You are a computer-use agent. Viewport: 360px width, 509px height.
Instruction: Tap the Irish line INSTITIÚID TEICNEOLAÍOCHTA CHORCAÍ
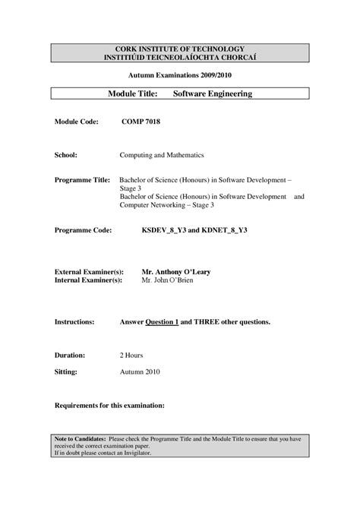[x=180, y=57]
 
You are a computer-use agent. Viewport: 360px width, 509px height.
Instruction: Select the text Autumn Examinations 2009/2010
[x=180, y=76]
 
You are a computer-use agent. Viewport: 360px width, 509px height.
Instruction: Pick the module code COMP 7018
[x=141, y=122]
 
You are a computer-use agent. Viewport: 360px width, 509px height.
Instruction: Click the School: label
[x=66, y=154]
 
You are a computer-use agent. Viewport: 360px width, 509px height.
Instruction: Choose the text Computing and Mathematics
[x=162, y=154]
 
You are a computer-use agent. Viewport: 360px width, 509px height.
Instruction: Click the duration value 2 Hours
[x=131, y=355]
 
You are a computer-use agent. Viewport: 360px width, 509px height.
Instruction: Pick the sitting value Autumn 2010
[x=141, y=373]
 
